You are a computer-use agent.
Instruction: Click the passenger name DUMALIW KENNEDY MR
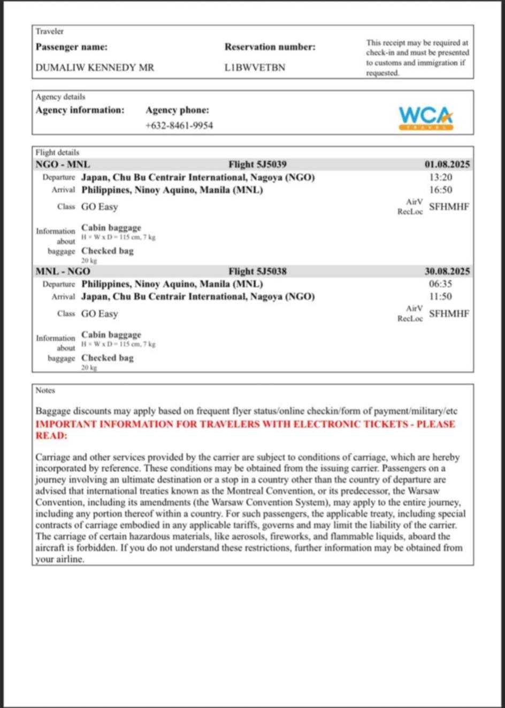(x=95, y=68)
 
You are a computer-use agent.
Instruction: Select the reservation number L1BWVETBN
(x=255, y=68)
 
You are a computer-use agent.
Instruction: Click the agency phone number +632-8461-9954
(x=179, y=126)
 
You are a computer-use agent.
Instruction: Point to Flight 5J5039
(x=257, y=164)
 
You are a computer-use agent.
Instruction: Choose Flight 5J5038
(x=257, y=271)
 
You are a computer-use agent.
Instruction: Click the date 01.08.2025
(x=447, y=164)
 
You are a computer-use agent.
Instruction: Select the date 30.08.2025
(x=447, y=271)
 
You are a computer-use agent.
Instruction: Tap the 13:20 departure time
(x=440, y=178)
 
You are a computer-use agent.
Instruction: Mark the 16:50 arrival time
(x=440, y=190)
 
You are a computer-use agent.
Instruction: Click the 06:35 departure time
(x=440, y=284)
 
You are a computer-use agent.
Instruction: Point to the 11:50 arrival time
(x=440, y=296)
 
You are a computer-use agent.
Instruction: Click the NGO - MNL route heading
(x=63, y=164)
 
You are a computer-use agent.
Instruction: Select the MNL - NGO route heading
(x=63, y=271)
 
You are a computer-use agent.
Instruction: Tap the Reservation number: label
(x=270, y=47)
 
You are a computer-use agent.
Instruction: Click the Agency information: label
(x=80, y=110)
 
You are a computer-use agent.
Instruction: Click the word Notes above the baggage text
(x=45, y=391)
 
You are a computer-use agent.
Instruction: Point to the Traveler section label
(x=50, y=32)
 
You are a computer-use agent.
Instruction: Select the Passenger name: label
(x=71, y=47)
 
